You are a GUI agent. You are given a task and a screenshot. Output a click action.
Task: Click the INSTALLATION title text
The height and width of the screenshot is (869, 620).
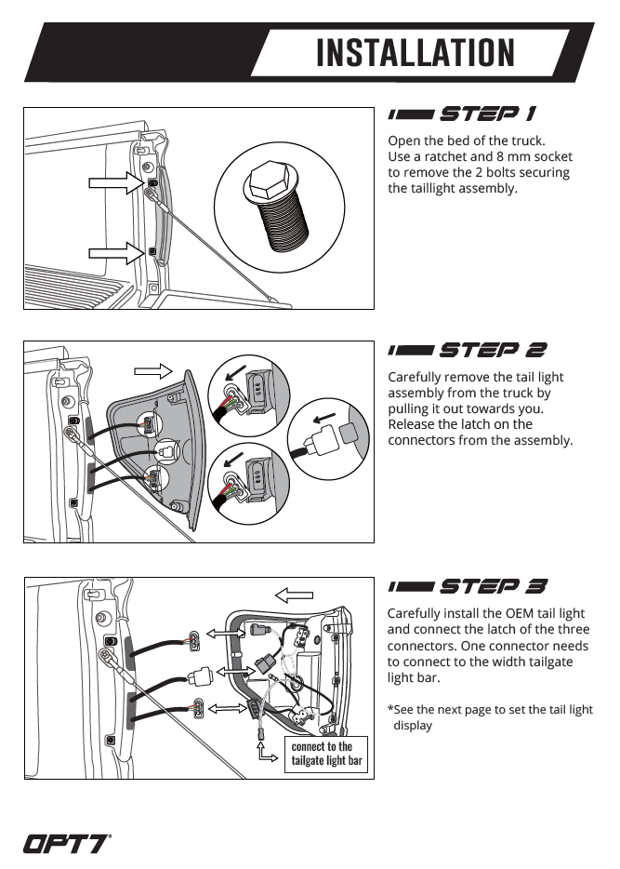click(416, 53)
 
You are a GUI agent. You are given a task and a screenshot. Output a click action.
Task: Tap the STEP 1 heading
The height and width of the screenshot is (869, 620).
click(462, 114)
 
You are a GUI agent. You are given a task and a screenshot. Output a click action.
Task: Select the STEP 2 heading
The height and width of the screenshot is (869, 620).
click(468, 350)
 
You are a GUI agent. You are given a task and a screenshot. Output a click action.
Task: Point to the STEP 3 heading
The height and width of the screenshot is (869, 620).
click(468, 586)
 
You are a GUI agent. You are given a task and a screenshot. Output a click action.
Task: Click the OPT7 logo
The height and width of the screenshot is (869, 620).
click(66, 844)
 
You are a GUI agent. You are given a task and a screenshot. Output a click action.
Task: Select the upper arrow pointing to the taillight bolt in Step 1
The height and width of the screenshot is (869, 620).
click(116, 183)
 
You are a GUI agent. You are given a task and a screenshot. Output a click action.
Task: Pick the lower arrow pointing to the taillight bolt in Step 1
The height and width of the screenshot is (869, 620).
click(116, 253)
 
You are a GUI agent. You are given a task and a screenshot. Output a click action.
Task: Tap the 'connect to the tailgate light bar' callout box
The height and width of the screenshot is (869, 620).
click(326, 754)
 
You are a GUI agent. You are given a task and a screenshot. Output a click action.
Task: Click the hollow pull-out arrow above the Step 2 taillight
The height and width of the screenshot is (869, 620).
click(153, 371)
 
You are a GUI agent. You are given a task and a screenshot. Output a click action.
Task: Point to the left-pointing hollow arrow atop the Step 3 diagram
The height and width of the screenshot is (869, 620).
click(294, 595)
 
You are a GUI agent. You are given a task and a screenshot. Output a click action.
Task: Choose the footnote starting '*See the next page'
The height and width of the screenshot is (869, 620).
click(490, 717)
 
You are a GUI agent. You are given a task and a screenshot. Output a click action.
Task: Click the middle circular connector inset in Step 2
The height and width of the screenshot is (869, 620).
click(328, 439)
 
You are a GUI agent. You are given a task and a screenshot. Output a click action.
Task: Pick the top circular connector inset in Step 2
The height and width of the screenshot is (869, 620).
click(249, 396)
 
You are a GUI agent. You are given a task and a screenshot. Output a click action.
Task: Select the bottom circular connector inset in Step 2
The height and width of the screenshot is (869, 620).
click(249, 483)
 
